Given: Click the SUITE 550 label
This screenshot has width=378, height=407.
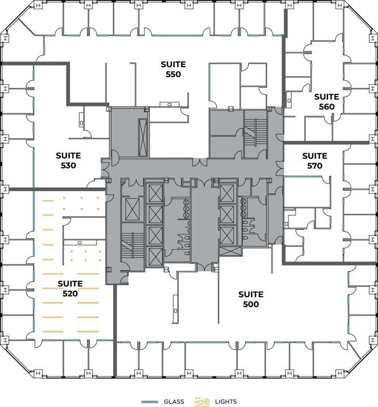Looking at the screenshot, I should pyautogui.click(x=173, y=69).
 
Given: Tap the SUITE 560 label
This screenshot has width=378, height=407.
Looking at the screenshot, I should pyautogui.click(x=326, y=102).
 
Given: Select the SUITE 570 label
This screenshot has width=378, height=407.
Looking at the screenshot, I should pyautogui.click(x=315, y=161).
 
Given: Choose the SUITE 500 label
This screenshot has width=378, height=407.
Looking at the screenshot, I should pyautogui.click(x=251, y=299).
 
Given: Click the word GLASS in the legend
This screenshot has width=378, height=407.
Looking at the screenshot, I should pyautogui.click(x=174, y=402).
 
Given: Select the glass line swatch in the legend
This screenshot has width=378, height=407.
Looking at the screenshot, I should pyautogui.click(x=150, y=402).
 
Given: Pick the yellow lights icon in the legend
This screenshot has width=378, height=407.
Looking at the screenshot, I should pyautogui.click(x=202, y=402).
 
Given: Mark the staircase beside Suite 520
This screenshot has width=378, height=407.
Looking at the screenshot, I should pyautogui.click(x=132, y=246).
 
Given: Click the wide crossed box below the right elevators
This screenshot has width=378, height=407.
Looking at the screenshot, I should pyautogui.click(x=230, y=252).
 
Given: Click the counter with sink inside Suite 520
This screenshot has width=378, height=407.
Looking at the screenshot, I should pyautogui.click(x=78, y=242).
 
